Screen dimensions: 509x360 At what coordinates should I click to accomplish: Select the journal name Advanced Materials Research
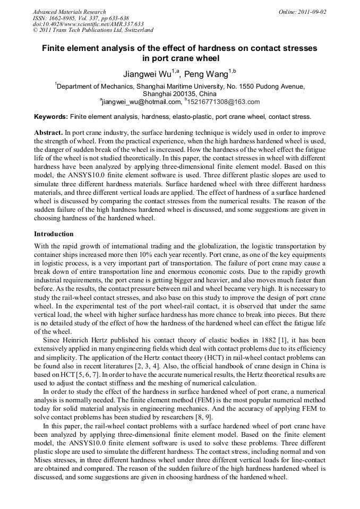(x=69, y=12)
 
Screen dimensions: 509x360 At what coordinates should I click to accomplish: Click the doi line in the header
(x=88, y=24)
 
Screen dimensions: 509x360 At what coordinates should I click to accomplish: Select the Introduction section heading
(x=54, y=234)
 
